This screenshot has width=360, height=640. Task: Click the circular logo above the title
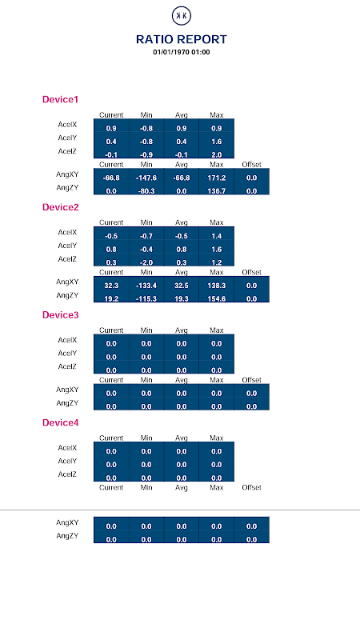pyautogui.click(x=182, y=16)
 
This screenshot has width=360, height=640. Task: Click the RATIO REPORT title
pyautogui.click(x=182, y=39)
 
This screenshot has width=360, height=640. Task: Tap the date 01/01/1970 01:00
pyautogui.click(x=182, y=52)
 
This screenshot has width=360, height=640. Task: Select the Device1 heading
pyautogui.click(x=60, y=99)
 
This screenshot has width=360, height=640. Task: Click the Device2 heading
pyautogui.click(x=61, y=207)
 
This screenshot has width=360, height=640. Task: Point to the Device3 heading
pyautogui.click(x=61, y=314)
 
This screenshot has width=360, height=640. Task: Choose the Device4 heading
pyautogui.click(x=61, y=422)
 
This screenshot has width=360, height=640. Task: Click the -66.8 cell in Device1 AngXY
pyautogui.click(x=111, y=178)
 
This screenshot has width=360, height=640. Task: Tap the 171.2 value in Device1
pyautogui.click(x=217, y=178)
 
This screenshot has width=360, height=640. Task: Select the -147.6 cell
pyautogui.click(x=146, y=178)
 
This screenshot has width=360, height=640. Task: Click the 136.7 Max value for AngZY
pyautogui.click(x=217, y=191)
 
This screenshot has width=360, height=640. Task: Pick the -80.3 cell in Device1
pyautogui.click(x=146, y=191)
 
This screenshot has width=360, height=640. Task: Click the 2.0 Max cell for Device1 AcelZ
pyautogui.click(x=217, y=154)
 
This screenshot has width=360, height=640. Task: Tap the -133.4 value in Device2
pyautogui.click(x=146, y=286)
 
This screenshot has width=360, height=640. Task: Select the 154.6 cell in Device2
pyautogui.click(x=217, y=298)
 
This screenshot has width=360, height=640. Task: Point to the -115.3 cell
pyautogui.click(x=146, y=298)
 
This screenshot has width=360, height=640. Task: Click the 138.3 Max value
pyautogui.click(x=217, y=286)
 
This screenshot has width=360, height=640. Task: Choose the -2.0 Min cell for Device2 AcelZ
pyautogui.click(x=146, y=262)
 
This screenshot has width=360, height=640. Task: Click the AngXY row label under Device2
pyautogui.click(x=67, y=282)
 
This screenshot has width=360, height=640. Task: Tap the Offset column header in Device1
pyautogui.click(x=251, y=165)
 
